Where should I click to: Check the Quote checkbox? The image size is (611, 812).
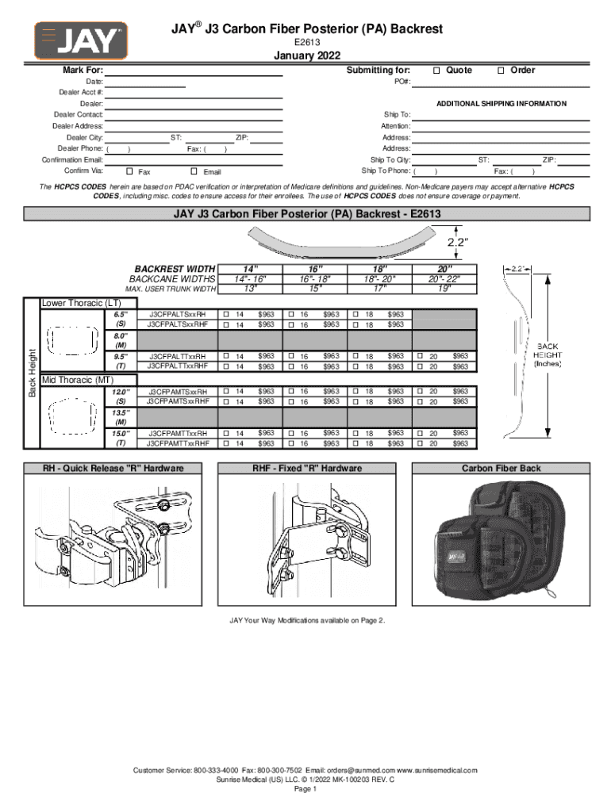click(436, 71)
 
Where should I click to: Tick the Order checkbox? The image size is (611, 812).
click(501, 71)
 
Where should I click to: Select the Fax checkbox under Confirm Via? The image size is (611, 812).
click(130, 171)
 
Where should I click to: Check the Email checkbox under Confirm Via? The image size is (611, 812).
click(194, 171)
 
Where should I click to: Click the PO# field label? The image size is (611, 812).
click(402, 82)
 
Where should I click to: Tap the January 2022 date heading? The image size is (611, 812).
click(307, 56)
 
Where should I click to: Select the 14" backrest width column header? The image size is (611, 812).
click(250, 269)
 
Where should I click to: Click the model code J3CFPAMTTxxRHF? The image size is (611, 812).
click(178, 444)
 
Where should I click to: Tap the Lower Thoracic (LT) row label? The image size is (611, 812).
click(81, 303)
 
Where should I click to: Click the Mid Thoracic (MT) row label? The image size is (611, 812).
click(77, 381)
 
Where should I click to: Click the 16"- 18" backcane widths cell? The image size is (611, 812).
click(315, 279)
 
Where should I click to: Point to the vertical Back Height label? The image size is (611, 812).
click(33, 373)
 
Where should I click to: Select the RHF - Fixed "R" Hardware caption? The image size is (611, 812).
click(307, 469)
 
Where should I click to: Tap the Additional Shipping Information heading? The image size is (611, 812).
click(501, 104)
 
